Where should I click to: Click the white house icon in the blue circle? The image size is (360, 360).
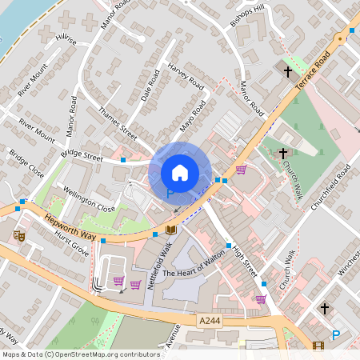tap(180, 173)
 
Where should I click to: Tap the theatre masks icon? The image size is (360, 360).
tap(19, 236)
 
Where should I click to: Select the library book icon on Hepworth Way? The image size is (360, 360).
tap(170, 230)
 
